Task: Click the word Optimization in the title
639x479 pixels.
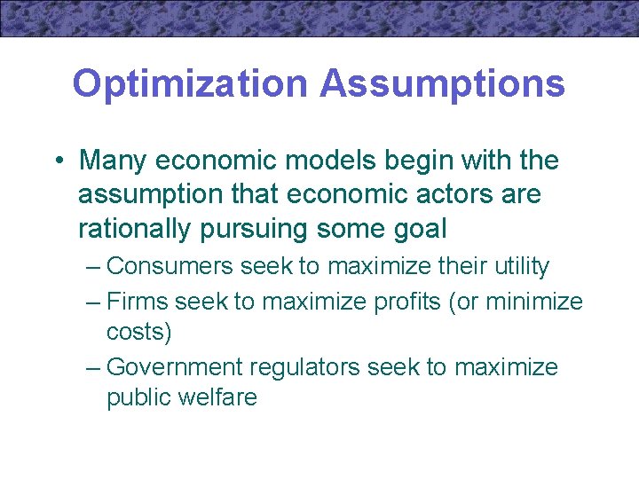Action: tap(191, 84)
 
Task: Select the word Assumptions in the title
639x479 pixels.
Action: tap(442, 84)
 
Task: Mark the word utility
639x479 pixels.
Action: tap(521, 266)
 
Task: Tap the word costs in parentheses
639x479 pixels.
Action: tap(138, 332)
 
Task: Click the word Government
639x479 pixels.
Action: tap(174, 367)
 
